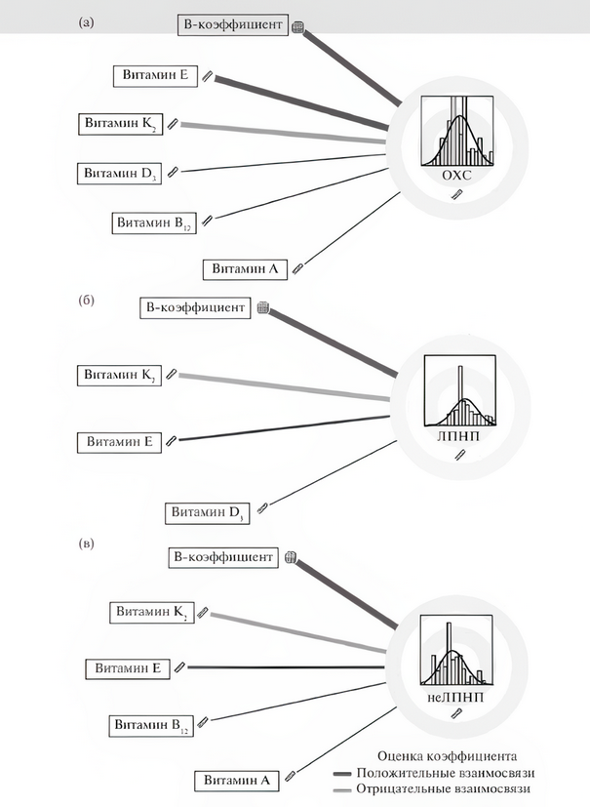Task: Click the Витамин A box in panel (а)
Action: (x=245, y=269)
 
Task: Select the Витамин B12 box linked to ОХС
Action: (x=154, y=222)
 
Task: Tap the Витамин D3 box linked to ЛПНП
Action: (x=208, y=513)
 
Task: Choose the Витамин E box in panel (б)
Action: (x=119, y=442)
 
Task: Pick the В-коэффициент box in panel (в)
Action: (x=223, y=557)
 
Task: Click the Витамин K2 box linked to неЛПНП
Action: (x=152, y=613)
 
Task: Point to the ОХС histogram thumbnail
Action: (x=457, y=131)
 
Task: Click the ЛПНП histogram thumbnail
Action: (x=460, y=390)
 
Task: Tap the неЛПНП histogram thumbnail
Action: (x=456, y=651)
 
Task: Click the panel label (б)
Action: (x=87, y=300)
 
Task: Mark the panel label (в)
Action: (x=87, y=544)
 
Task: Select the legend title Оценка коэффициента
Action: (x=447, y=756)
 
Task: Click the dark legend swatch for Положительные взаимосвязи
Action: (x=342, y=774)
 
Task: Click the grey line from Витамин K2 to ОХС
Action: (x=283, y=134)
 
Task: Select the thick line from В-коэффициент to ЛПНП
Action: (x=333, y=343)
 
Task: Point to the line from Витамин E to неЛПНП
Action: (x=286, y=667)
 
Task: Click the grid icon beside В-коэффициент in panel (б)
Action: (x=263, y=307)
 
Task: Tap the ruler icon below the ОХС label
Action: (x=457, y=194)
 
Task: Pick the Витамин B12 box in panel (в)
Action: (x=151, y=726)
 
